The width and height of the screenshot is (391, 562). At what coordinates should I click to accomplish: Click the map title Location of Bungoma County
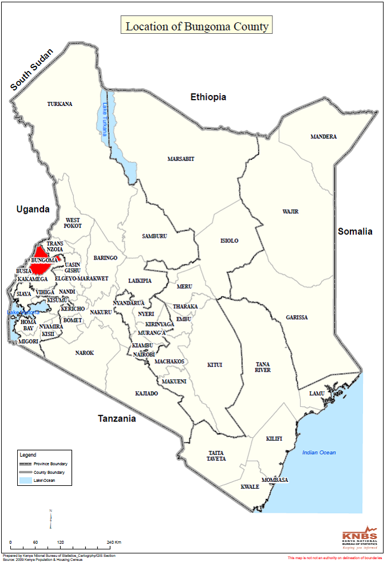(196, 26)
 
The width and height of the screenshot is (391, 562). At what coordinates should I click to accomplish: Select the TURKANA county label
(60, 104)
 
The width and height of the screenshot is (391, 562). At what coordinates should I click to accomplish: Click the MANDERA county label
(323, 136)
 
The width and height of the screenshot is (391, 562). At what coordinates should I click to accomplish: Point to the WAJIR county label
(290, 211)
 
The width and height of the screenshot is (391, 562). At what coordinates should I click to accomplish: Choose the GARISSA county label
(297, 317)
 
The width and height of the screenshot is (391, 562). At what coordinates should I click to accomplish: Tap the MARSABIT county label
(181, 159)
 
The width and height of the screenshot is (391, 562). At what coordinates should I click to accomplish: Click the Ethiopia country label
(208, 97)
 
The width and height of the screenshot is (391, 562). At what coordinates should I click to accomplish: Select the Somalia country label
(355, 231)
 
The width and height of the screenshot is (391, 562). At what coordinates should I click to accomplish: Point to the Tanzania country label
(117, 418)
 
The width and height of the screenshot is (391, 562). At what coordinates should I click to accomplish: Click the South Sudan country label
(32, 70)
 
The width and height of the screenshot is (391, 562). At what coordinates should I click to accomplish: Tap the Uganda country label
(33, 209)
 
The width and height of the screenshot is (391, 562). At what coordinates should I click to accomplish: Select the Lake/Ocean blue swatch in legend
(26, 481)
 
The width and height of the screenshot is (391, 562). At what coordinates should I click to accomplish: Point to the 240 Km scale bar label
(114, 542)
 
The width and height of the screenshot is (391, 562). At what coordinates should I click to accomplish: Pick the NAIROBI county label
(144, 355)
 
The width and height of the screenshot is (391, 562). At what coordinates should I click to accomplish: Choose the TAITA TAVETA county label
(216, 455)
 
